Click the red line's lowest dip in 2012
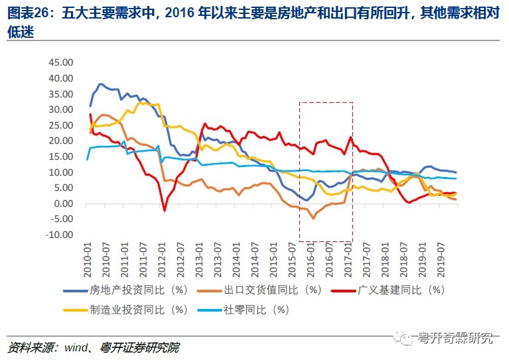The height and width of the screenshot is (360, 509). tap(165, 210)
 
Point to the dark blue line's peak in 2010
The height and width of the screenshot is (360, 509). tap(100, 84)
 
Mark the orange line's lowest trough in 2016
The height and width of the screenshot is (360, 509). tap(313, 217)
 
